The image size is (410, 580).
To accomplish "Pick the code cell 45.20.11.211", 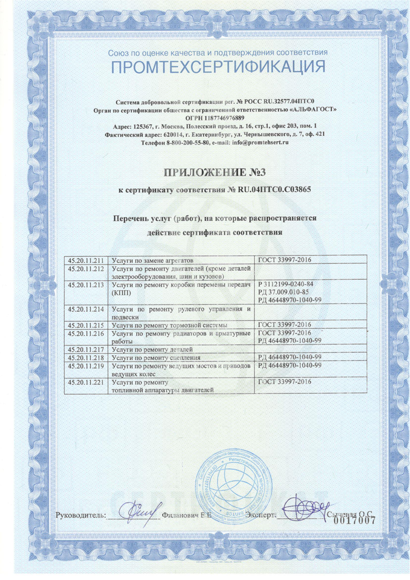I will [x=87, y=260].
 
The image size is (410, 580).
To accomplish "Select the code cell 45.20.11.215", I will [x=87, y=325].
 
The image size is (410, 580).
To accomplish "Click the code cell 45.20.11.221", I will [x=87, y=382].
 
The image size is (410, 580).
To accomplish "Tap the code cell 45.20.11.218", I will [x=87, y=357].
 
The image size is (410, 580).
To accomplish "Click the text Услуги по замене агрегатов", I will [x=152, y=260].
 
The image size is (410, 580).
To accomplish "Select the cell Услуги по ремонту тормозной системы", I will [x=169, y=325].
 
